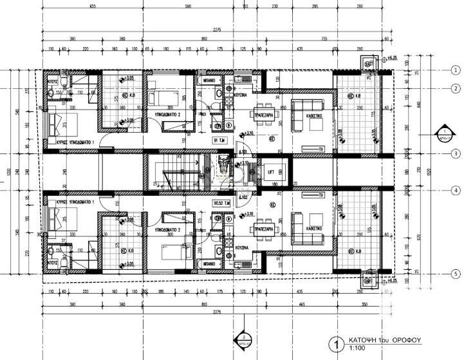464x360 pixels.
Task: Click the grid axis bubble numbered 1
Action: tap(455, 70)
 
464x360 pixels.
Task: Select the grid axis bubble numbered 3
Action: tap(455, 153)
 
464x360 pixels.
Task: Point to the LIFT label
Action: tap(271, 171)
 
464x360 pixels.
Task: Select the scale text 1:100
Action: tap(357, 350)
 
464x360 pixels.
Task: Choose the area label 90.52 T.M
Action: tap(221, 202)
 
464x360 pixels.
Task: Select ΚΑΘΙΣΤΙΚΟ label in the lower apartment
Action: tap(315, 227)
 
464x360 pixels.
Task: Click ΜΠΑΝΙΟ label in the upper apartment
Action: tap(206, 82)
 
